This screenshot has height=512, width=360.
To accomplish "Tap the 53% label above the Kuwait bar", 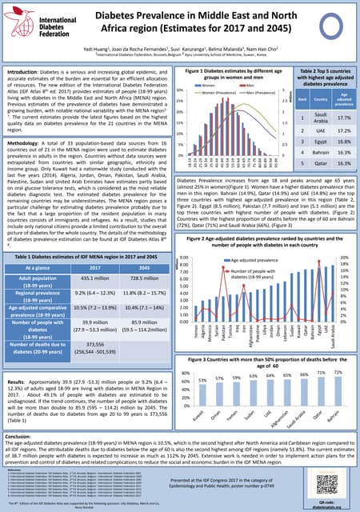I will point(202,380).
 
